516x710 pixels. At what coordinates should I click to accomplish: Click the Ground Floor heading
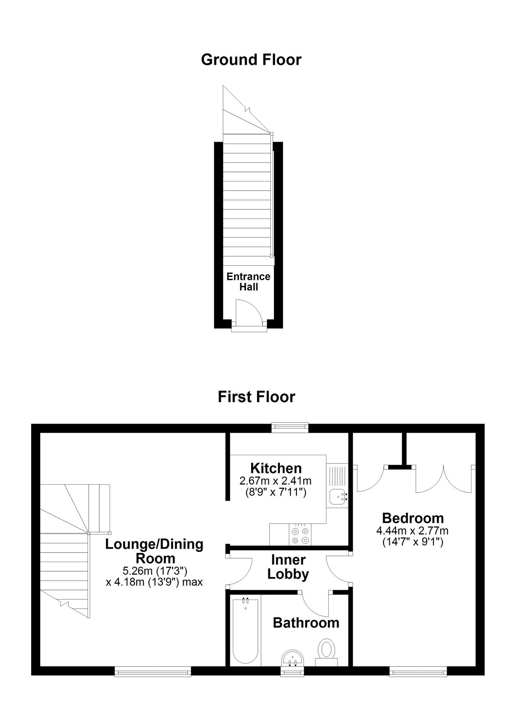click(251, 60)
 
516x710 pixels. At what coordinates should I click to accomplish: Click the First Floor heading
click(256, 397)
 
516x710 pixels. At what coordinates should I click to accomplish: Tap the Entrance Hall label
click(248, 282)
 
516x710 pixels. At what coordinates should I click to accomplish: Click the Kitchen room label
click(276, 468)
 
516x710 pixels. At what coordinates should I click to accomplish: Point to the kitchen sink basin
click(337, 496)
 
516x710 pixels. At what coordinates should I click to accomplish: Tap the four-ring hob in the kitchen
click(300, 536)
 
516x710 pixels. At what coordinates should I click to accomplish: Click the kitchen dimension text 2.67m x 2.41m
click(276, 481)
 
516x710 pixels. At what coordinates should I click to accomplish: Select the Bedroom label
click(413, 518)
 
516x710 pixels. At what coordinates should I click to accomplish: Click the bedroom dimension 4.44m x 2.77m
click(412, 531)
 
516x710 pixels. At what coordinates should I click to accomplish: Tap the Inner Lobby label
click(288, 567)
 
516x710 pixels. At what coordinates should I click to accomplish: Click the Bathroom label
click(306, 623)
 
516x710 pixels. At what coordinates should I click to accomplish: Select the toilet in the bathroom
click(326, 650)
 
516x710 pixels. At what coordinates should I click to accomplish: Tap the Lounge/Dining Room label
click(154, 551)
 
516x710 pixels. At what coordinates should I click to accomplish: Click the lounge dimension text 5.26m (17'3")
click(154, 571)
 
